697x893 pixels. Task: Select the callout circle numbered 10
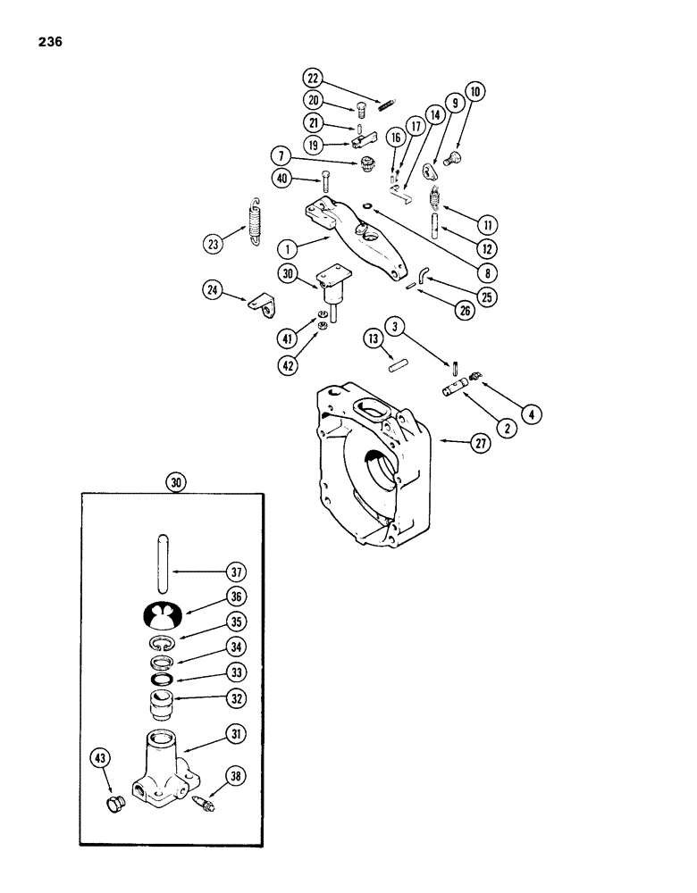(x=474, y=92)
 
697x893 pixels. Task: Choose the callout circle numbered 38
(x=237, y=778)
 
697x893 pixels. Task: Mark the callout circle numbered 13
(x=376, y=339)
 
